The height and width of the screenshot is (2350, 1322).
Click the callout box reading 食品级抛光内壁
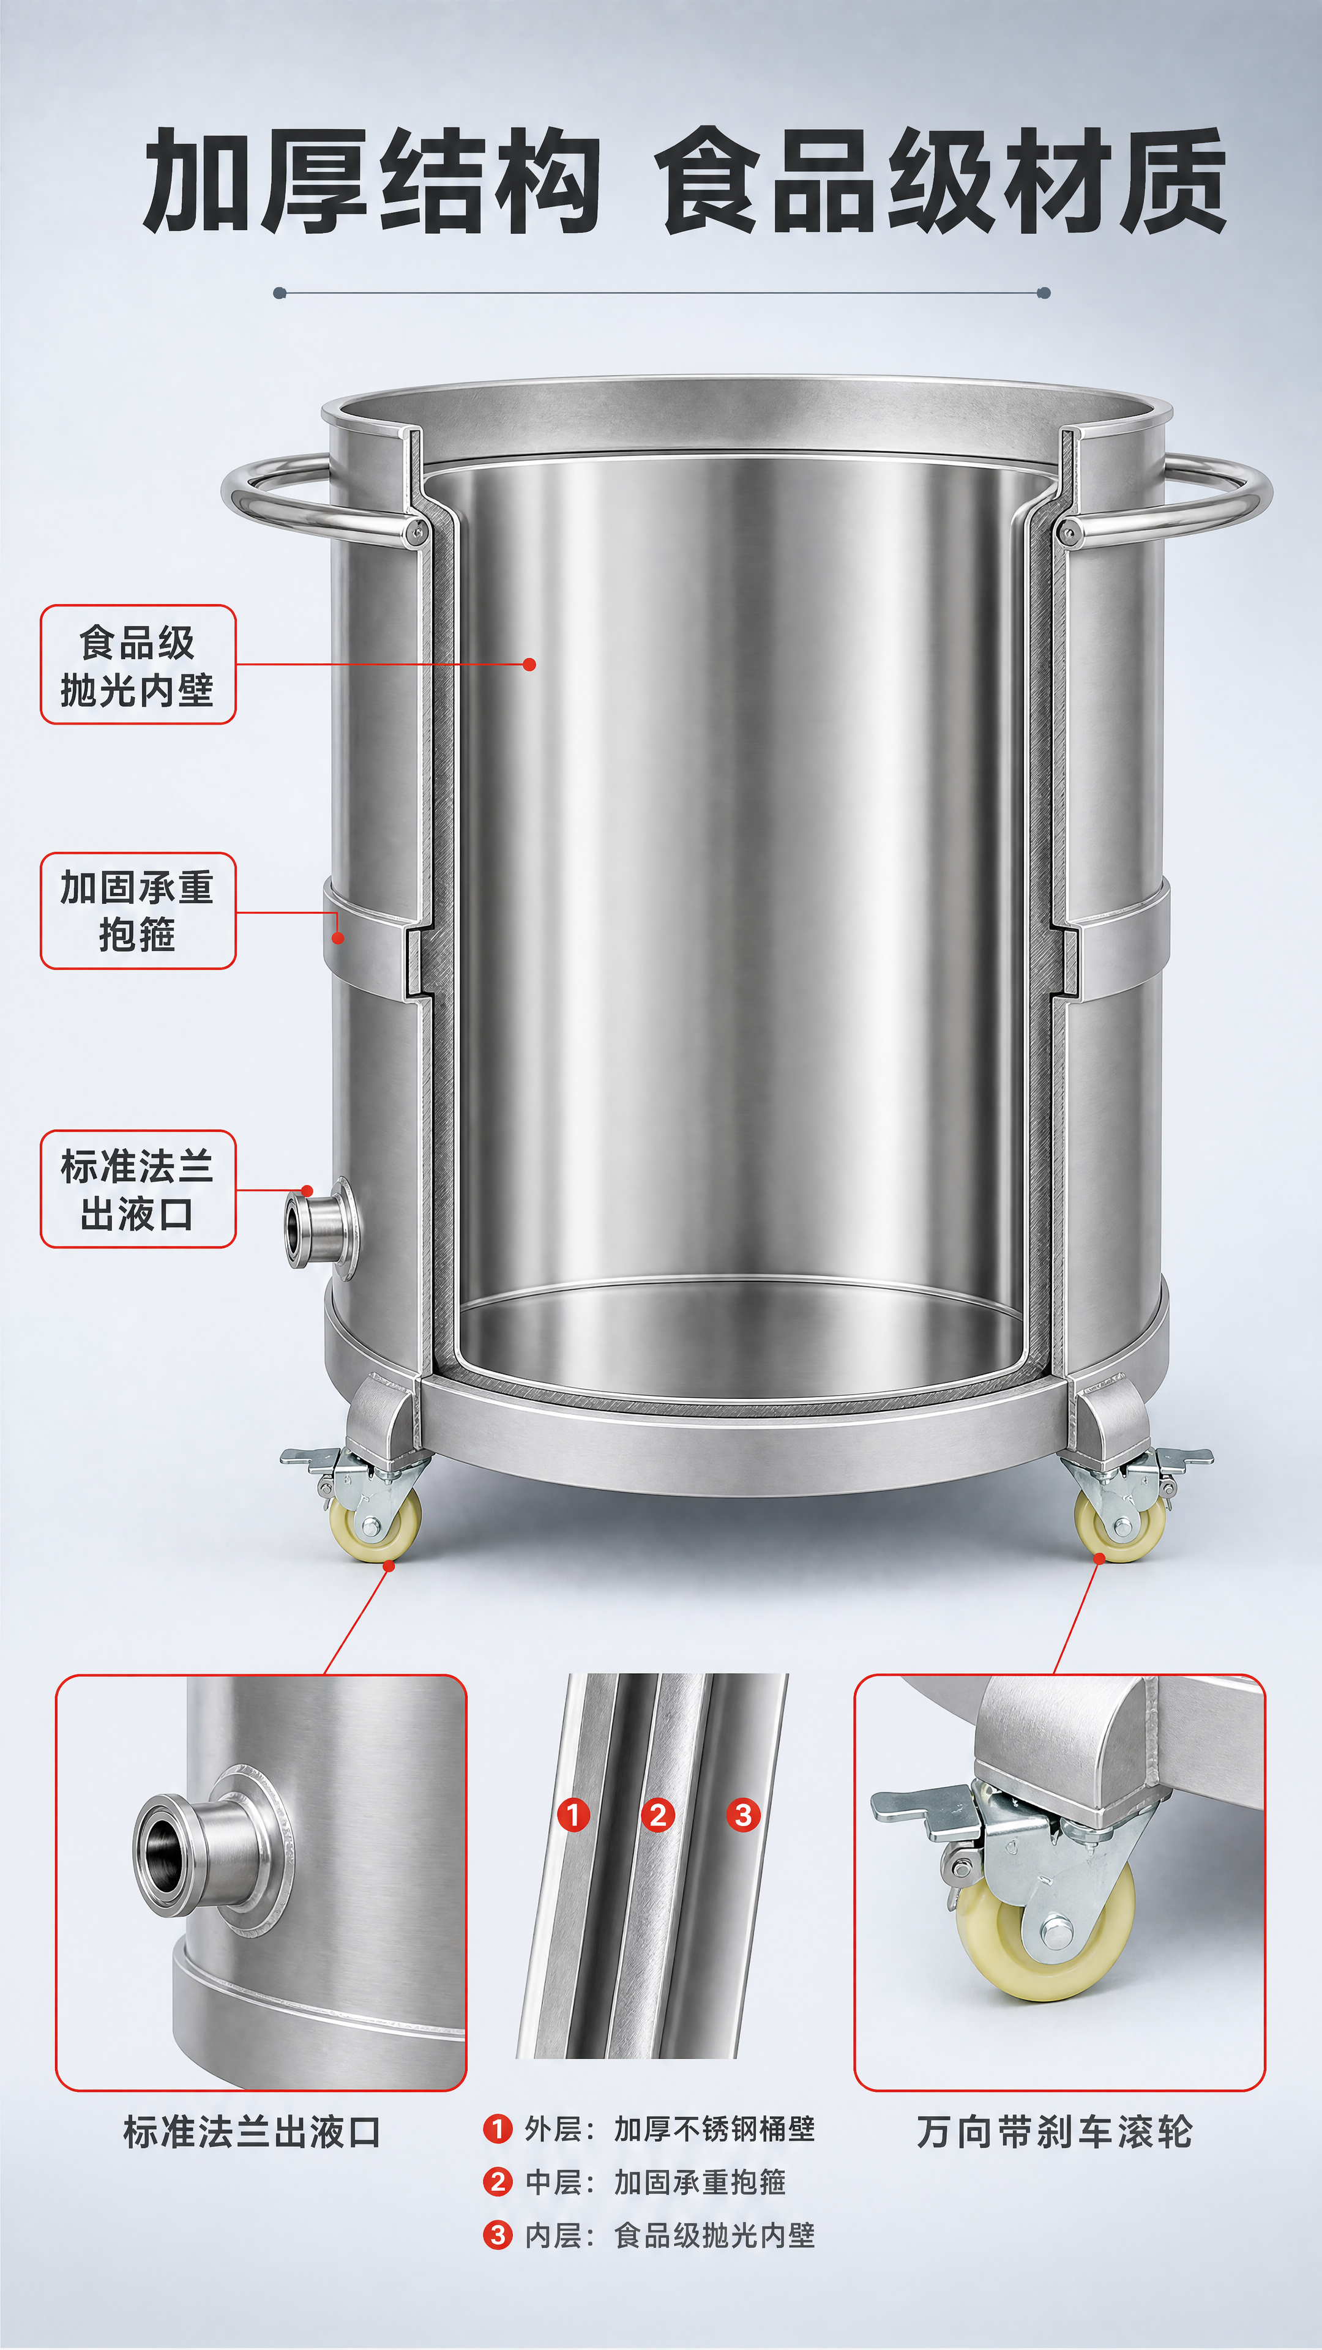tap(138, 664)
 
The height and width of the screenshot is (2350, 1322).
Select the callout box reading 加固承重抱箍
tap(138, 911)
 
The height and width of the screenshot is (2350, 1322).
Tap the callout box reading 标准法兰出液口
tap(138, 1188)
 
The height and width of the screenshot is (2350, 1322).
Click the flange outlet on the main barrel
tap(321, 1228)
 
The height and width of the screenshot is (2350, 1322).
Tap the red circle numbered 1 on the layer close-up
tap(573, 1815)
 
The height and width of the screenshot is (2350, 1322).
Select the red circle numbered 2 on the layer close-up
tap(658, 1815)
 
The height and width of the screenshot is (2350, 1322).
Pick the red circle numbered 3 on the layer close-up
tap(744, 1815)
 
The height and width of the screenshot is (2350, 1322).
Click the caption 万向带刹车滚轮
tap(1054, 2132)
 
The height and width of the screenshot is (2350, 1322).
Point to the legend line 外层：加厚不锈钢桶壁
tap(649, 2129)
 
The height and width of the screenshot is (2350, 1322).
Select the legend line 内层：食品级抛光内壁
tap(649, 2235)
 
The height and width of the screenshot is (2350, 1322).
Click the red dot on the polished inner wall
tap(530, 664)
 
